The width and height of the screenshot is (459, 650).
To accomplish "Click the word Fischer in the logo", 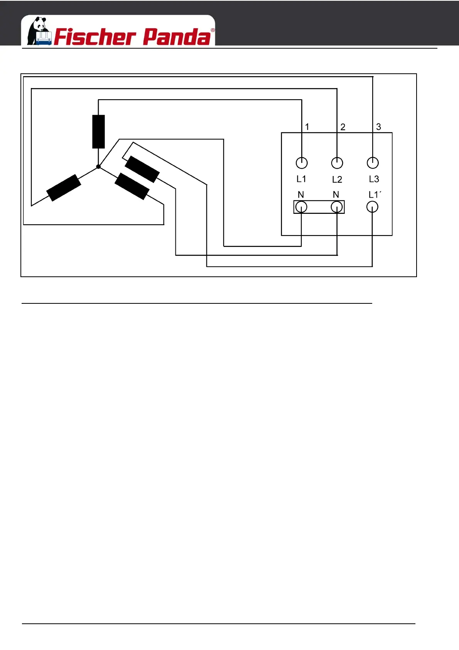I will (x=95, y=37).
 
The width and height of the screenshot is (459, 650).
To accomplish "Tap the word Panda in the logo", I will (x=177, y=37).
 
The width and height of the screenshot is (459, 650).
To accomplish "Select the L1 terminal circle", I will (x=302, y=163).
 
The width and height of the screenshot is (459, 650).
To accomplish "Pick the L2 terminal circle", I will (x=337, y=163).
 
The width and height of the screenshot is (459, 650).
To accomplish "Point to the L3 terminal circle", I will (x=373, y=163).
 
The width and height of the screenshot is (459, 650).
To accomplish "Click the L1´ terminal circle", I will (x=372, y=207).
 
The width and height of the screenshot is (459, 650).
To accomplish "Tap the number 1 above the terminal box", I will (x=307, y=127).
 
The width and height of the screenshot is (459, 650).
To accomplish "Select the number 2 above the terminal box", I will (x=343, y=127).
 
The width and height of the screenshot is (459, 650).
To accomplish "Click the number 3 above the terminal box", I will (x=378, y=127).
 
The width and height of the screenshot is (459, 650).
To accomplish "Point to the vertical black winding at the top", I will (x=98, y=132).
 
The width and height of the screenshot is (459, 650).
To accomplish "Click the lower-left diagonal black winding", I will (x=64, y=188).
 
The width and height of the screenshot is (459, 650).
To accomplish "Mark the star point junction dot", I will (x=98, y=166).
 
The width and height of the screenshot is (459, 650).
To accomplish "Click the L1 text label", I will (x=301, y=179).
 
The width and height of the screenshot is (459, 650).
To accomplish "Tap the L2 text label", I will (x=337, y=179).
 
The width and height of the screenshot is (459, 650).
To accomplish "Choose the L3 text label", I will (x=374, y=179).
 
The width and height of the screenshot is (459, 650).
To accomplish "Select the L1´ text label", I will (x=375, y=195).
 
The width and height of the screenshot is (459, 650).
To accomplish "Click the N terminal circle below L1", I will (x=301, y=207).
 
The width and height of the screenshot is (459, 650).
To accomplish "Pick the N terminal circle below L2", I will (x=337, y=207).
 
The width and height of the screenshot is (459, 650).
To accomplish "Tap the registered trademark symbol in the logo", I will (x=213, y=30).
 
